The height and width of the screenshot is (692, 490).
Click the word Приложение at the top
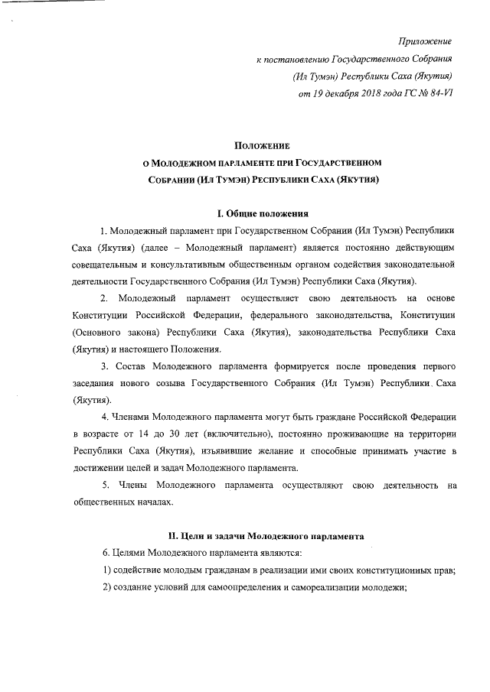click(426, 41)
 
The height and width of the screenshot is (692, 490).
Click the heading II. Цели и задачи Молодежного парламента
click(265, 536)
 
